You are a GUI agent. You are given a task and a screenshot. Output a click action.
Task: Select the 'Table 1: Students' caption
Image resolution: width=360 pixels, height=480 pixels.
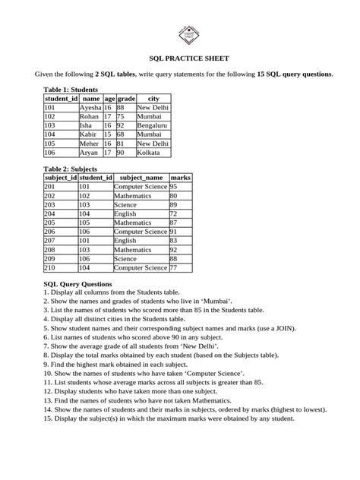pyautogui.click(x=71, y=90)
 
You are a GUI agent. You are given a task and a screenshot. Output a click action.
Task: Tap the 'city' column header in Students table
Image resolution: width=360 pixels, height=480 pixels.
pyautogui.click(x=153, y=99)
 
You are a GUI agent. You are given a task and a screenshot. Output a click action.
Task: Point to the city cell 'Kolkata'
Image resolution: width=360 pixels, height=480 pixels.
pyautogui.click(x=148, y=153)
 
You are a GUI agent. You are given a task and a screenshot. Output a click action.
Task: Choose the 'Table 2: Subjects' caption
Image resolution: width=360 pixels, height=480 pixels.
pyautogui.click(x=70, y=169)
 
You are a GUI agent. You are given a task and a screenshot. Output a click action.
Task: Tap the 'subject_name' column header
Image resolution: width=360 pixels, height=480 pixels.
pyautogui.click(x=141, y=178)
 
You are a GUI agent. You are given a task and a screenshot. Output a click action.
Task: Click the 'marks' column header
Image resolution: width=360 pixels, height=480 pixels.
pyautogui.click(x=180, y=178)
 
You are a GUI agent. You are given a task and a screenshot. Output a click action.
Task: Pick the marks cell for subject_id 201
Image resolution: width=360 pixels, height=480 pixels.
pyautogui.click(x=174, y=187)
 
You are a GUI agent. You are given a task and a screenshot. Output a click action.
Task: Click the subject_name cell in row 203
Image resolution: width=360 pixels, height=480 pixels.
pyautogui.click(x=125, y=205)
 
